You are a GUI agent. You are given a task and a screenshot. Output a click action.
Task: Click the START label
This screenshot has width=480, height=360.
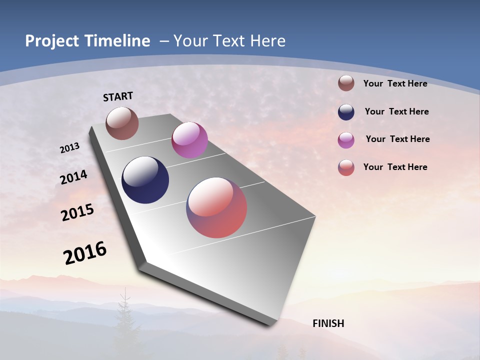[x=118, y=96]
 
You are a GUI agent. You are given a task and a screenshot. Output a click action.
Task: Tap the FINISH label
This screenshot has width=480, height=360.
[x=328, y=323]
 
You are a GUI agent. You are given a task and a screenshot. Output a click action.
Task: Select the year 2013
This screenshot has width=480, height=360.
[x=70, y=148]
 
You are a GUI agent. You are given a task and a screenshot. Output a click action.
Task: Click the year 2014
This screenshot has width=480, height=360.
[x=74, y=177]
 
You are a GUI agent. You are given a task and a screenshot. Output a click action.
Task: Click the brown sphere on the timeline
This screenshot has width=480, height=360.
[x=122, y=123]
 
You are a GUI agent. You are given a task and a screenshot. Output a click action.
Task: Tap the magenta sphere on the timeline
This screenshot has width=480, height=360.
[x=189, y=140]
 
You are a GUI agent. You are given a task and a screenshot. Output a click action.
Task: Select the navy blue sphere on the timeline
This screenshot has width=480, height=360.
[x=145, y=180]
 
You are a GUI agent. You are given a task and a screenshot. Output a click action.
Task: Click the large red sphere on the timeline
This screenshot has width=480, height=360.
[x=216, y=207]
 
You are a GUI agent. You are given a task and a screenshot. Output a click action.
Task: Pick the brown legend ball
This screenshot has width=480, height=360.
[x=346, y=83]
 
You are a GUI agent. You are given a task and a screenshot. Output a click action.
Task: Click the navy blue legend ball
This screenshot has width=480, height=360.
[x=346, y=112]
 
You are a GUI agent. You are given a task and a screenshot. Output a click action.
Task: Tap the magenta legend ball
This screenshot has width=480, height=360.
[x=346, y=140]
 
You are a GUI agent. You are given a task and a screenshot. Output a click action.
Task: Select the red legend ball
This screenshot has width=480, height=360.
[x=346, y=167]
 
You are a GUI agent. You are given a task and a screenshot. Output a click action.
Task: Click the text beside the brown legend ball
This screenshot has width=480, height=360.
[x=395, y=83]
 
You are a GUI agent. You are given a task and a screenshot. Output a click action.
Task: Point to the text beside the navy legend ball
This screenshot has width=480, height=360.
[x=396, y=111]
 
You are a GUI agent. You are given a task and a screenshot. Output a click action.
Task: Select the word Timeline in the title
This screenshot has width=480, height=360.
[x=119, y=41]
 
